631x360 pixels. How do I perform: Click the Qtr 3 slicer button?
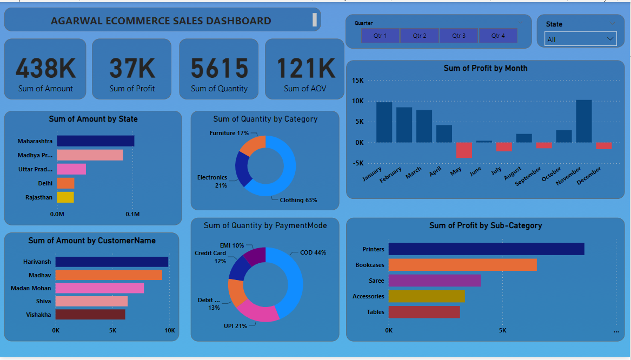459,36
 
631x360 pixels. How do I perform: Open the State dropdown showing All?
580,39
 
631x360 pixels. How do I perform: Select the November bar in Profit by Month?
583,121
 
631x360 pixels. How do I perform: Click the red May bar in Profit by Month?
464,150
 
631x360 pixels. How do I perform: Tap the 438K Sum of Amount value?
45,68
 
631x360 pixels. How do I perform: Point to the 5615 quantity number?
219,68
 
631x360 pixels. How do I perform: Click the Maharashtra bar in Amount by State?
95,141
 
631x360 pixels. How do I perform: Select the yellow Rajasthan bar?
65,197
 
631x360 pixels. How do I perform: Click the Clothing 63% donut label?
298,200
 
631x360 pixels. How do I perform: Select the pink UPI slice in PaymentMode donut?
256,312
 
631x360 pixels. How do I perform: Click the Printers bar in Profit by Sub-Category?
486,249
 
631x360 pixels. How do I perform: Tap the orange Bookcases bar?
462,265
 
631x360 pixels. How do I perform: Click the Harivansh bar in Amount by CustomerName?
111,262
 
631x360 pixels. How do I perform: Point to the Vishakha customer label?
38,315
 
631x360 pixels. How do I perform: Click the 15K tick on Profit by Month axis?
357,81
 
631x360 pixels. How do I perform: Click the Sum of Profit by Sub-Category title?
485,225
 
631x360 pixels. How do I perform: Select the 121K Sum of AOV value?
305,68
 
